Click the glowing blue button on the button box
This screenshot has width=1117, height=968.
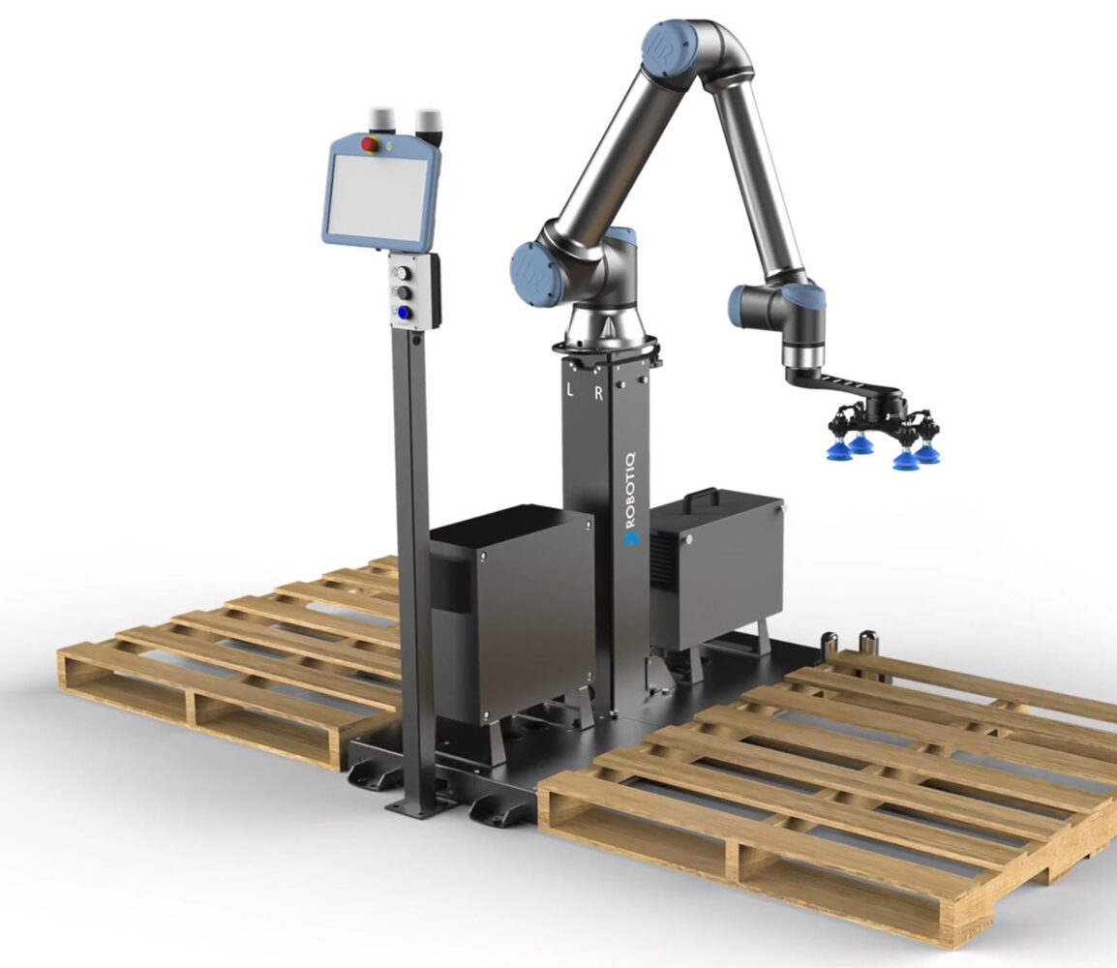pyautogui.click(x=404, y=312)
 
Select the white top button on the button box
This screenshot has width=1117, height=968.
pyautogui.click(x=405, y=272)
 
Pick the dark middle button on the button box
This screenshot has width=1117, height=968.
pyautogui.click(x=405, y=292)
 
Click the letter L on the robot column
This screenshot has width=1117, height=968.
pyautogui.click(x=569, y=390)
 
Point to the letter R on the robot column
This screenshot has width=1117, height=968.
pyautogui.click(x=599, y=393)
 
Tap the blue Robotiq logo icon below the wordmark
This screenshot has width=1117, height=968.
pyautogui.click(x=631, y=538)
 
